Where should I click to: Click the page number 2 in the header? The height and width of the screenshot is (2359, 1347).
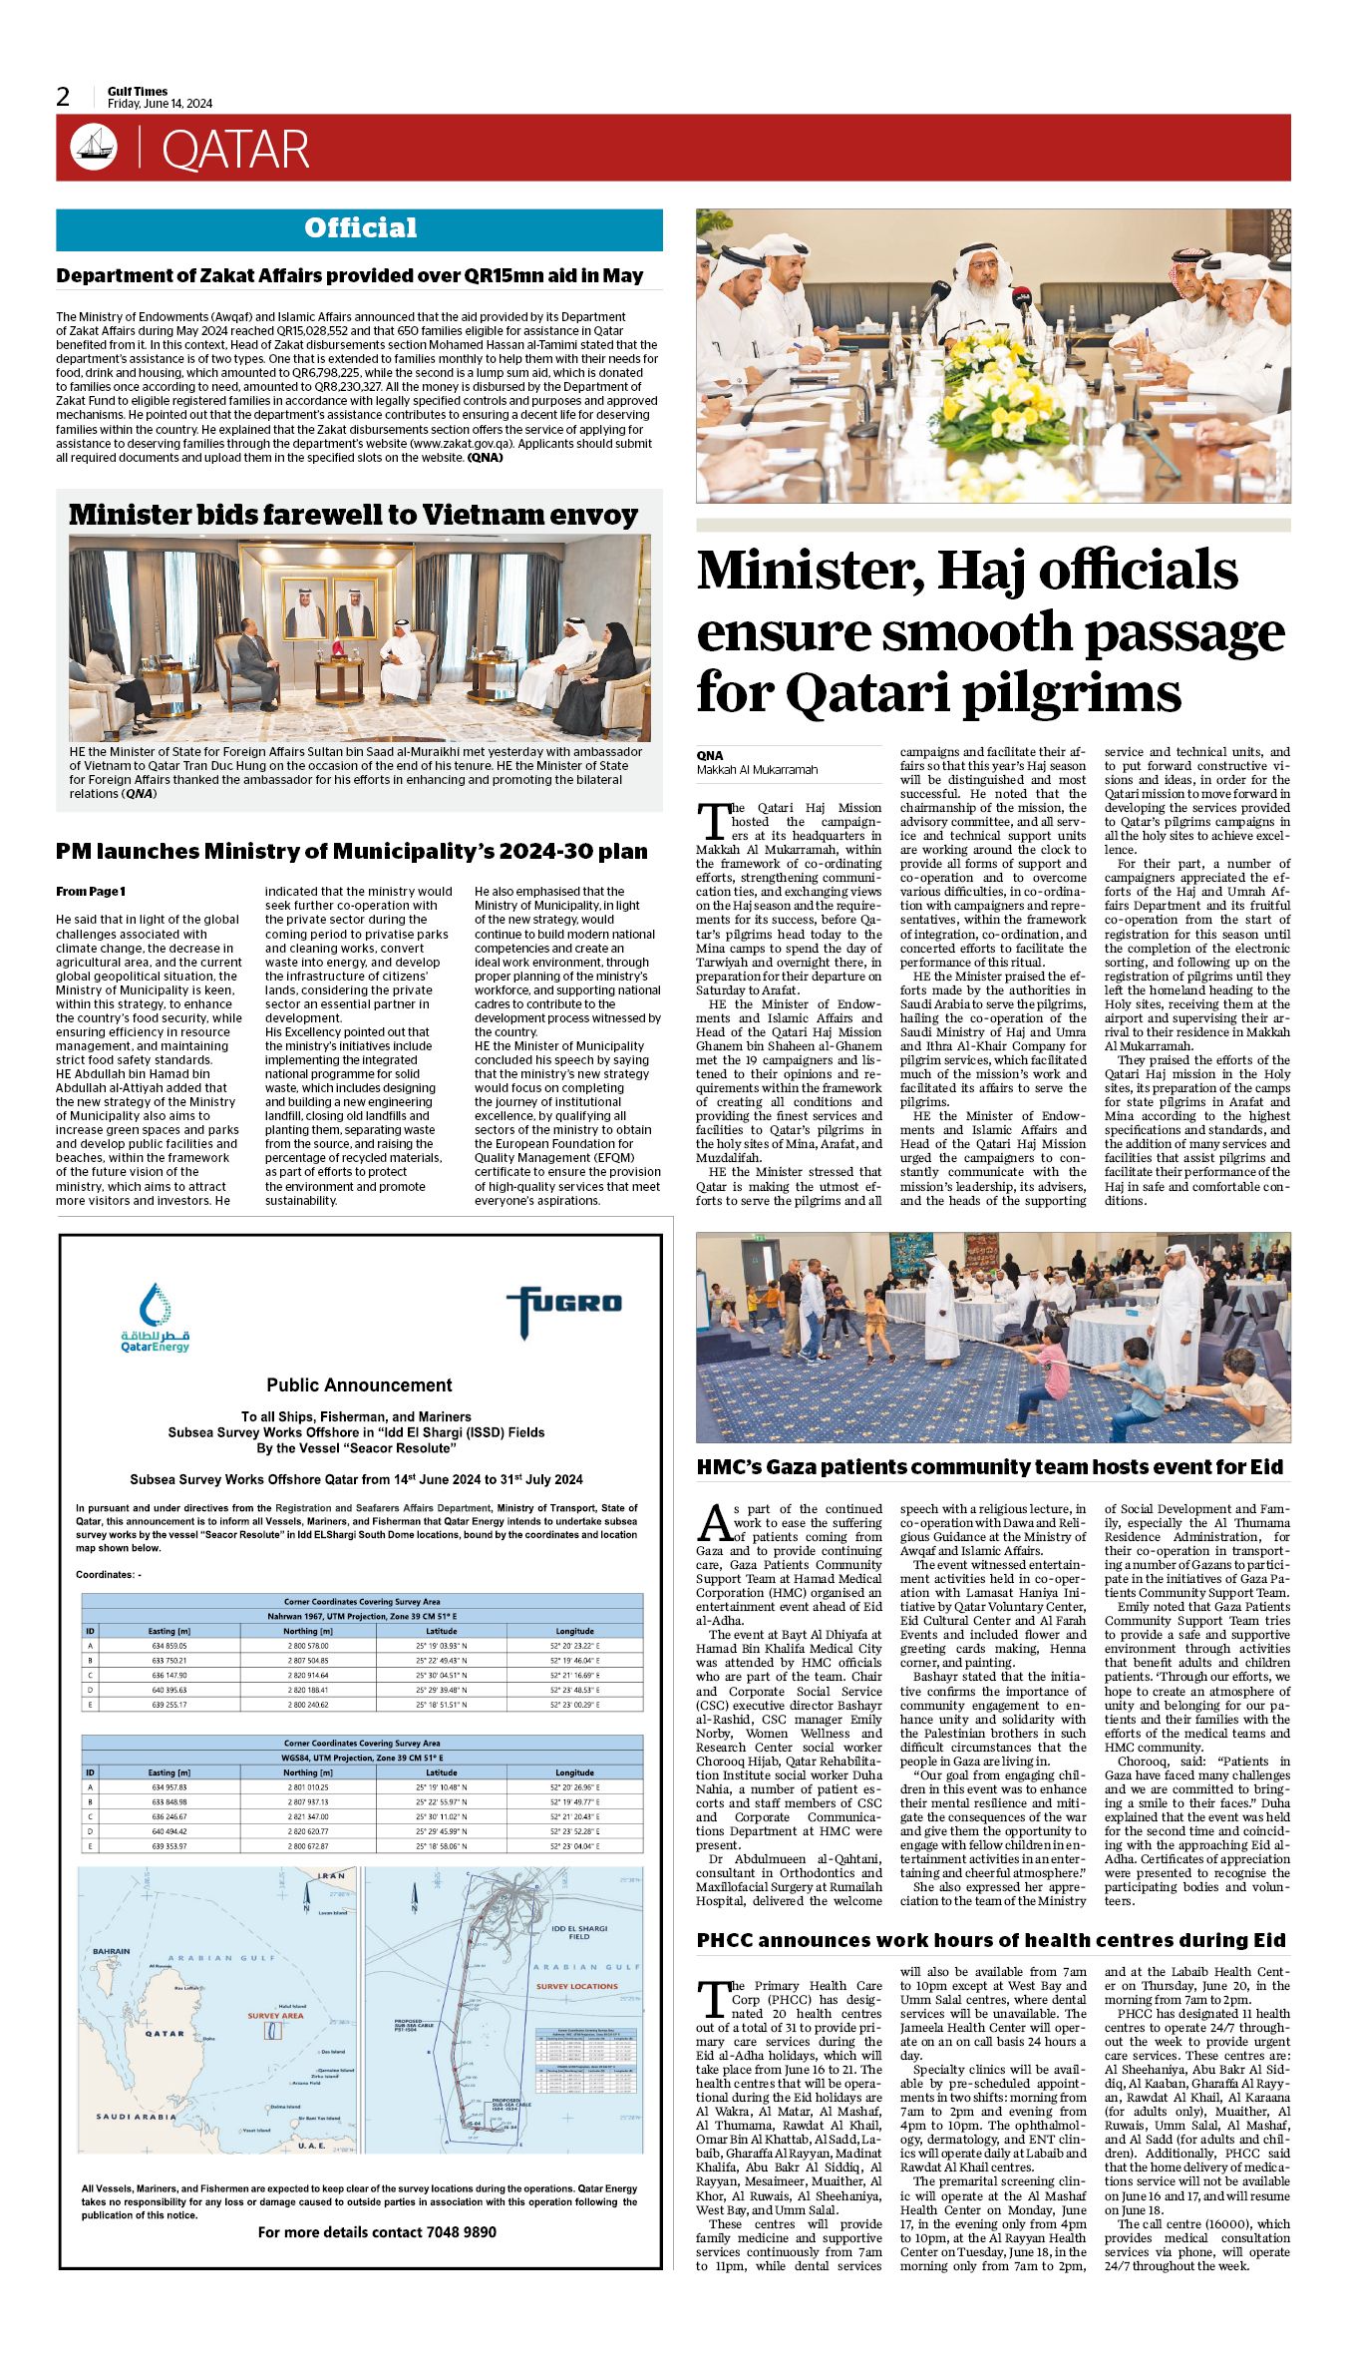pyautogui.click(x=64, y=97)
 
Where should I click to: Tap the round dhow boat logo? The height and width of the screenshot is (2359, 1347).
pyautogui.click(x=94, y=148)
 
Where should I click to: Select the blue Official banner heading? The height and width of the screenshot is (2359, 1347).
pyautogui.click(x=360, y=228)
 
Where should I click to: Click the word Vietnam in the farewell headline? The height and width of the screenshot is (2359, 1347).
pyautogui.click(x=484, y=515)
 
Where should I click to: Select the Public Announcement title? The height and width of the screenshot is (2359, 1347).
pyautogui.click(x=359, y=1384)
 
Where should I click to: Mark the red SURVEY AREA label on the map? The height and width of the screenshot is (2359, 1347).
pyautogui.click(x=275, y=2016)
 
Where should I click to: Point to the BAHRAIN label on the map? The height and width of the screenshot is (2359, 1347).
pyautogui.click(x=111, y=1951)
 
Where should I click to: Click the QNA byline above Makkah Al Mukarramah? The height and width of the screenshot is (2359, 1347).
pyautogui.click(x=710, y=755)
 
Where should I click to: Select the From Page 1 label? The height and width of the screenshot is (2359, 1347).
pyautogui.click(x=91, y=891)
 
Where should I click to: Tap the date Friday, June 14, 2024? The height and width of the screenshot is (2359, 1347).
pyautogui.click(x=160, y=104)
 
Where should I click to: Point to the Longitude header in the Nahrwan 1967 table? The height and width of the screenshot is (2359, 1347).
pyautogui.click(x=574, y=1631)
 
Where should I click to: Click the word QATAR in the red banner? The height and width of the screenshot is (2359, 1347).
pyautogui.click(x=235, y=150)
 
